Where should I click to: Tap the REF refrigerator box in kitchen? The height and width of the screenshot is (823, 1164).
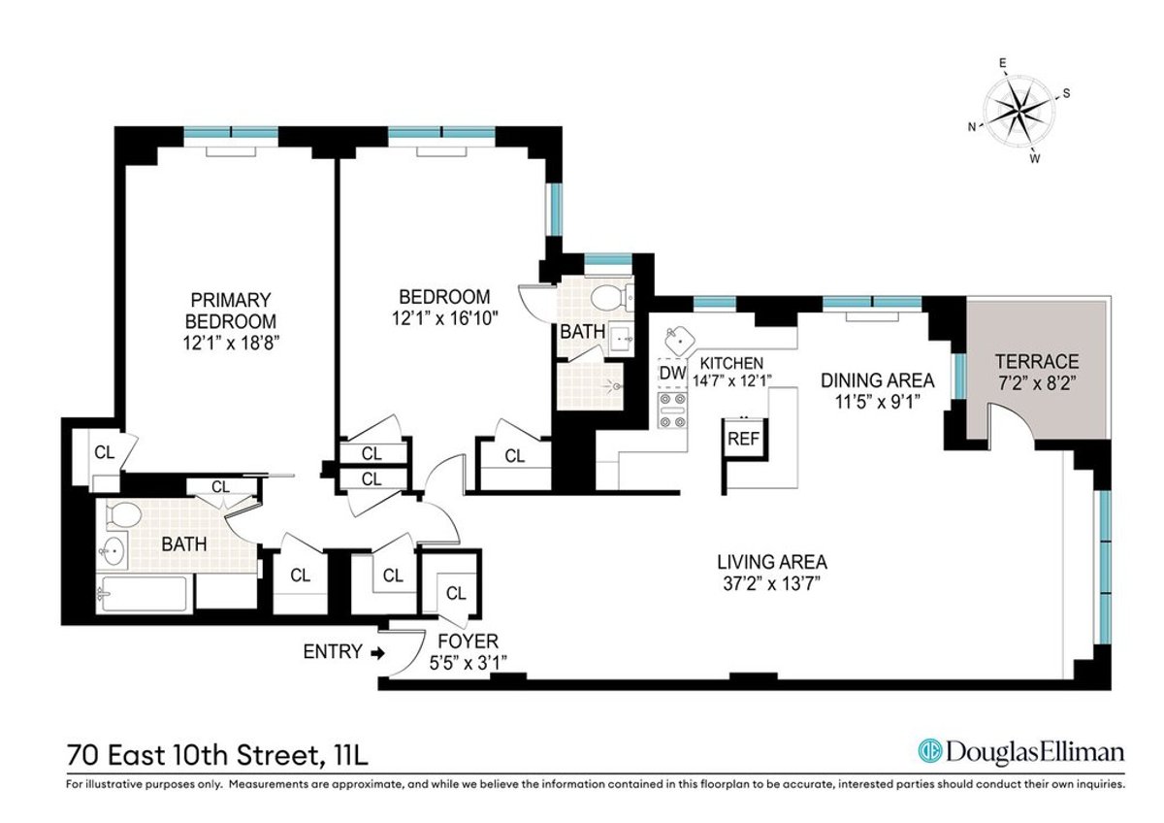743,438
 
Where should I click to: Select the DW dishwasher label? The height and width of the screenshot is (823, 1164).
672,373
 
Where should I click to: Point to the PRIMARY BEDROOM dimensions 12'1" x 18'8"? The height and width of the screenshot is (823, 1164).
230,342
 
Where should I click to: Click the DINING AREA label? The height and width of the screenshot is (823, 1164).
877,379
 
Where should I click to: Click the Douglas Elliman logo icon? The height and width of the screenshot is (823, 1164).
929,751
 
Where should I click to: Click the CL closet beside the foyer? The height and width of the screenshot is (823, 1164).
454,593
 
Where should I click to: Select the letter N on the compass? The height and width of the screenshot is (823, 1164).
971,126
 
